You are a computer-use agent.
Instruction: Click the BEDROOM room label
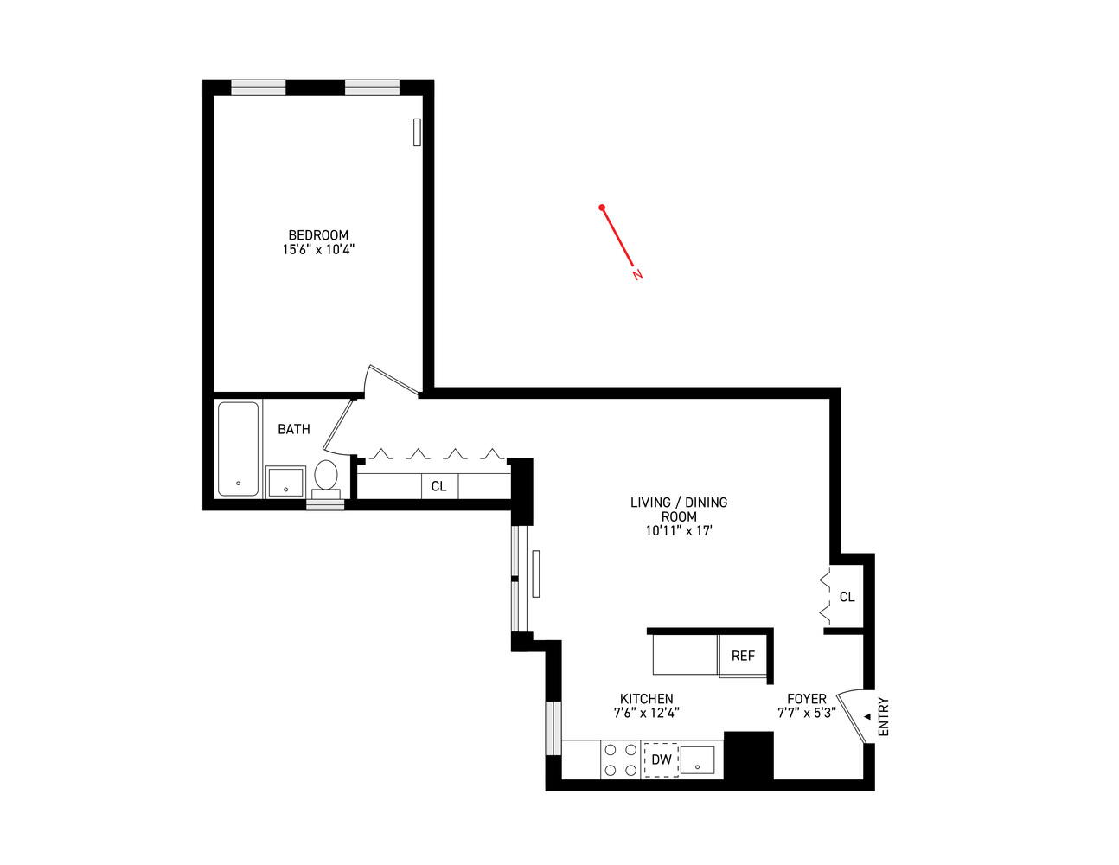click(318, 235)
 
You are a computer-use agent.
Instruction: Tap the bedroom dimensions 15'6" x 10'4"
click(318, 250)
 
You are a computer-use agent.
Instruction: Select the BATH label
click(293, 429)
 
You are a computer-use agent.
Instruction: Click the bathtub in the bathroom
click(238, 449)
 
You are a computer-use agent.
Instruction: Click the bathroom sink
click(285, 482)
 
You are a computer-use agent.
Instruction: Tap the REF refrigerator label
click(743, 656)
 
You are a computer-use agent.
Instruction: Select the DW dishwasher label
click(661, 760)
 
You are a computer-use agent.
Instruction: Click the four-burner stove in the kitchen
click(620, 760)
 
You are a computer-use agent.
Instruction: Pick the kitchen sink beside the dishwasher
click(697, 760)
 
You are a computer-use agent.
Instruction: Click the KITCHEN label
click(646, 699)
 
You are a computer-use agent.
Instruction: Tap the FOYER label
click(806, 699)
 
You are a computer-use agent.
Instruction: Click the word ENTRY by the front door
click(883, 717)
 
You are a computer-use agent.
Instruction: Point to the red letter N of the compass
click(637, 275)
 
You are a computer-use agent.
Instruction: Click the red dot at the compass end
click(602, 208)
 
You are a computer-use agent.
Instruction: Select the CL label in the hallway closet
click(438, 486)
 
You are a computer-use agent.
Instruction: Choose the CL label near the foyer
click(847, 597)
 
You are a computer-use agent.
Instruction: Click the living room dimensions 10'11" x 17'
click(678, 531)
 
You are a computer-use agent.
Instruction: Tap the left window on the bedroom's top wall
click(258, 86)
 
